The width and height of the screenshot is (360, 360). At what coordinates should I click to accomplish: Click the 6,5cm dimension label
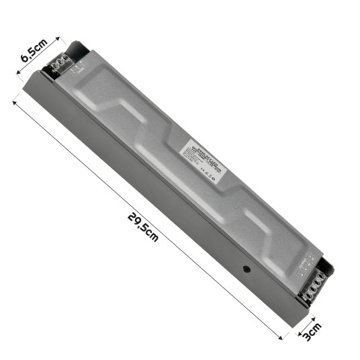34,50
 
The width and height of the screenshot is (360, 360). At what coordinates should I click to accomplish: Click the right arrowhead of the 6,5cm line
58,38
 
